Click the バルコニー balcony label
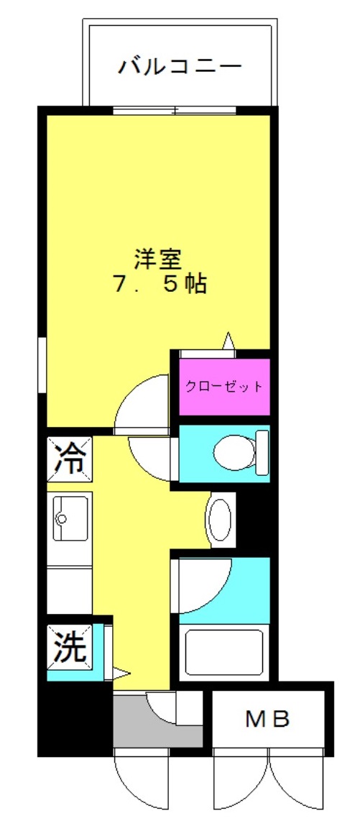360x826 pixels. point(180,67)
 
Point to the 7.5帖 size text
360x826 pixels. point(159,285)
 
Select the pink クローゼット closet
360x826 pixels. point(224,387)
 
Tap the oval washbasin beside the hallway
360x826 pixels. point(220,520)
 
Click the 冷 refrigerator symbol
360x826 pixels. point(70,459)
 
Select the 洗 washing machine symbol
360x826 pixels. point(70,646)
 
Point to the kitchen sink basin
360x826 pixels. point(70,518)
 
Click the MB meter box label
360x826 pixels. point(268,719)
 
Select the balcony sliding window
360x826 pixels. point(174,110)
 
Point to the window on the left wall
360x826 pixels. point(42,365)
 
